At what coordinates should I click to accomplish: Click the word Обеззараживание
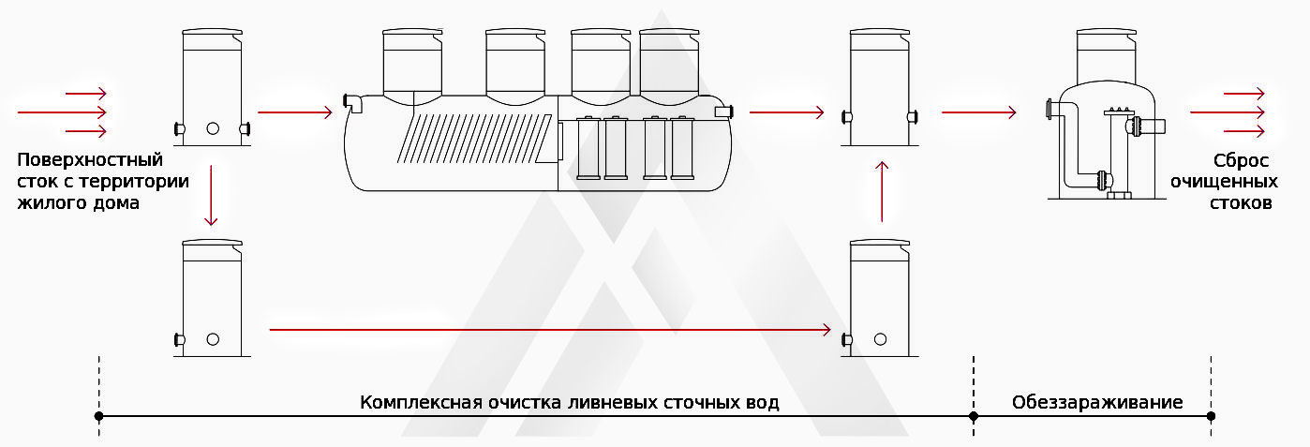[x=1096, y=403]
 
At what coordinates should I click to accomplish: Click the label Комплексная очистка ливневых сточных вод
[x=570, y=403]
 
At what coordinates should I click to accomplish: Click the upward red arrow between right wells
[x=881, y=191]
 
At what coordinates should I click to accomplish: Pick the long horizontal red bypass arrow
[x=550, y=329]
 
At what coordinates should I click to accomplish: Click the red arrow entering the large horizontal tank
[x=294, y=112]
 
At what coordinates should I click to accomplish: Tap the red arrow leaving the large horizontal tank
[x=786, y=112]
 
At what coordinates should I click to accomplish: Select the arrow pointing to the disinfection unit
[x=978, y=112]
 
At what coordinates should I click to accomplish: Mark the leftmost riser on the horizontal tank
[x=413, y=62]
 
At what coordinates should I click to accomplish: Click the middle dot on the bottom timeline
[x=974, y=415]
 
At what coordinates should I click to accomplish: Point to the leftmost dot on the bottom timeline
[x=98, y=415]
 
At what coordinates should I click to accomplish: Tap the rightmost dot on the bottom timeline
[x=1212, y=415]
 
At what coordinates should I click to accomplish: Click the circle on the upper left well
[x=213, y=128]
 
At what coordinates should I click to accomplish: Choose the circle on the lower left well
[x=213, y=339]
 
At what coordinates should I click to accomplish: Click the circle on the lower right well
[x=881, y=339]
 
